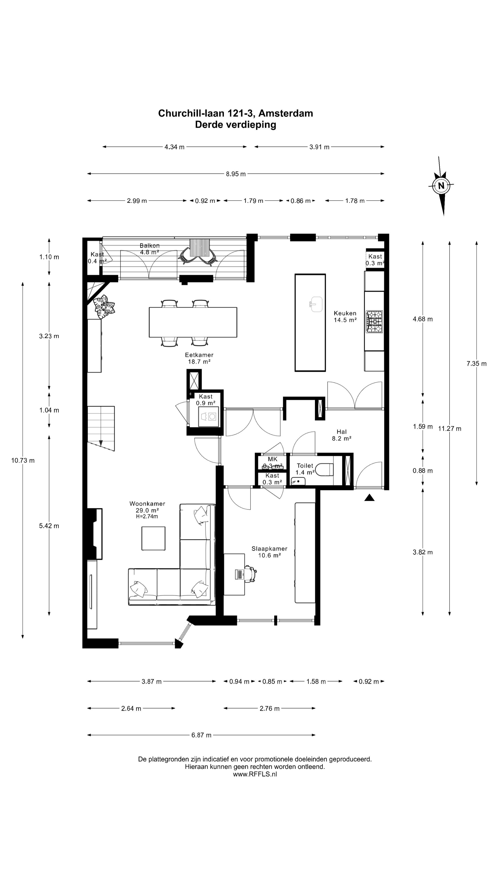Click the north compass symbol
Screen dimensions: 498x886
441,186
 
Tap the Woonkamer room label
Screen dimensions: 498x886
147,503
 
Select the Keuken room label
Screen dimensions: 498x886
345,313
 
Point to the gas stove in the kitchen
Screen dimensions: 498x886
374,322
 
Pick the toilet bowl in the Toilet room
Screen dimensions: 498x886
324,470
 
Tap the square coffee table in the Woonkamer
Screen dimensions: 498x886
153,539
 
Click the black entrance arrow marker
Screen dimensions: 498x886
369,498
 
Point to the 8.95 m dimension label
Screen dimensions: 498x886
236,174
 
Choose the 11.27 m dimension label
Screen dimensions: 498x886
450,428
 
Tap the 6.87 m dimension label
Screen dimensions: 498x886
202,735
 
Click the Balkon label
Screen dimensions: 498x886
149,245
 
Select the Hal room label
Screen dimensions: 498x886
342,432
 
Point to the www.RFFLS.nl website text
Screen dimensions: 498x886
255,774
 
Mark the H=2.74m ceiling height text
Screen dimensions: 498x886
147,516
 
